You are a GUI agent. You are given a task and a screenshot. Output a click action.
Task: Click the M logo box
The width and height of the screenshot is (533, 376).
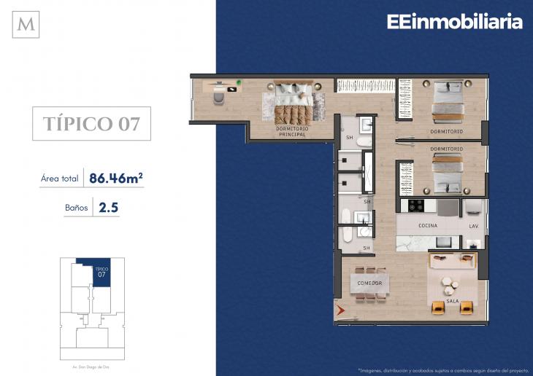[x=26, y=25]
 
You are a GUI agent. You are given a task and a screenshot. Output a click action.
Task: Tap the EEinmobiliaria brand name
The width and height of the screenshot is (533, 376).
[x=454, y=23]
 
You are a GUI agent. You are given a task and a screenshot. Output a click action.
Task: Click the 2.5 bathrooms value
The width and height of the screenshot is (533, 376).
[x=109, y=208]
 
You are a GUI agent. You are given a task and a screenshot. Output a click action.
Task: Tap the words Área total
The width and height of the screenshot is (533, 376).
[x=61, y=178]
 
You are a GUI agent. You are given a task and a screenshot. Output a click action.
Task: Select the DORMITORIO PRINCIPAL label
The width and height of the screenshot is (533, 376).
[x=291, y=131]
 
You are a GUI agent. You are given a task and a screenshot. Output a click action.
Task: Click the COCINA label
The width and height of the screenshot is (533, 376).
[x=428, y=226]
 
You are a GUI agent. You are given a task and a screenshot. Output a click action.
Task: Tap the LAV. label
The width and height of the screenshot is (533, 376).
[x=473, y=226]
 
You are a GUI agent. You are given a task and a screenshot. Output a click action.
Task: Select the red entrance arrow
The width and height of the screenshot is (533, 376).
[x=340, y=312]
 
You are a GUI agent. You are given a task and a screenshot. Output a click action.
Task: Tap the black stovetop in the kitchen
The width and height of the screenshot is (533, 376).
[x=417, y=206]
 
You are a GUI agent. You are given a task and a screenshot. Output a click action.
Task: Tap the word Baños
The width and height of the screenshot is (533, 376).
[x=77, y=208]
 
